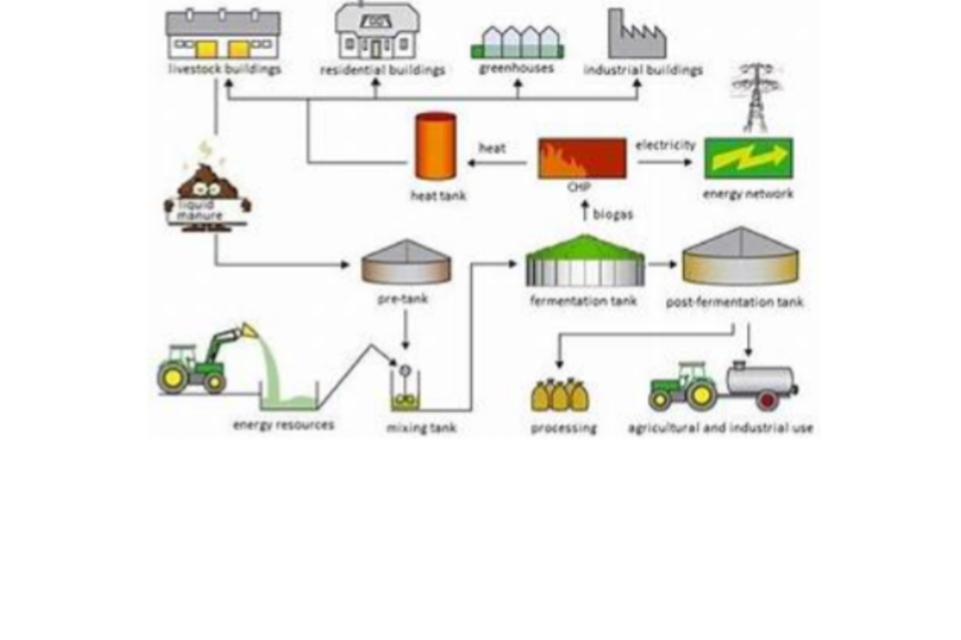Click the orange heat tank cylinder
(435, 146)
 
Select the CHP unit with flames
(582, 158)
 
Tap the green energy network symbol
(748, 159)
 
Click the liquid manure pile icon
(207, 192)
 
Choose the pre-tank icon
(406, 262)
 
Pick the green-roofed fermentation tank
(585, 261)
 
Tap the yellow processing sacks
(560, 395)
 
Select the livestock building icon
(223, 36)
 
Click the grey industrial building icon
(636, 36)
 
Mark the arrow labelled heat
(497, 163)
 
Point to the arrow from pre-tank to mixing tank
(405, 329)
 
